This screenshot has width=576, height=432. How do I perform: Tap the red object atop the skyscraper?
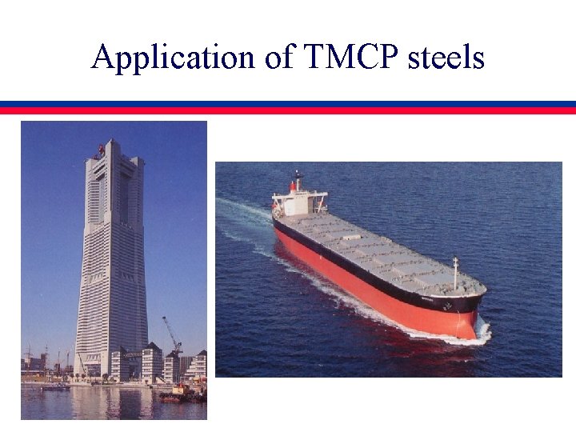tap(101, 149)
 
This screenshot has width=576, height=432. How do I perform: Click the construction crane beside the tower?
tap(171, 336)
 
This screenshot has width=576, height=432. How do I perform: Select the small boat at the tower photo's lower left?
tap(56, 387)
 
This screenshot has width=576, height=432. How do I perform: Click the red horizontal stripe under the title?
tap(288, 110)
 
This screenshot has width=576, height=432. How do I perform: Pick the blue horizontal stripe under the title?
tap(288, 104)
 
